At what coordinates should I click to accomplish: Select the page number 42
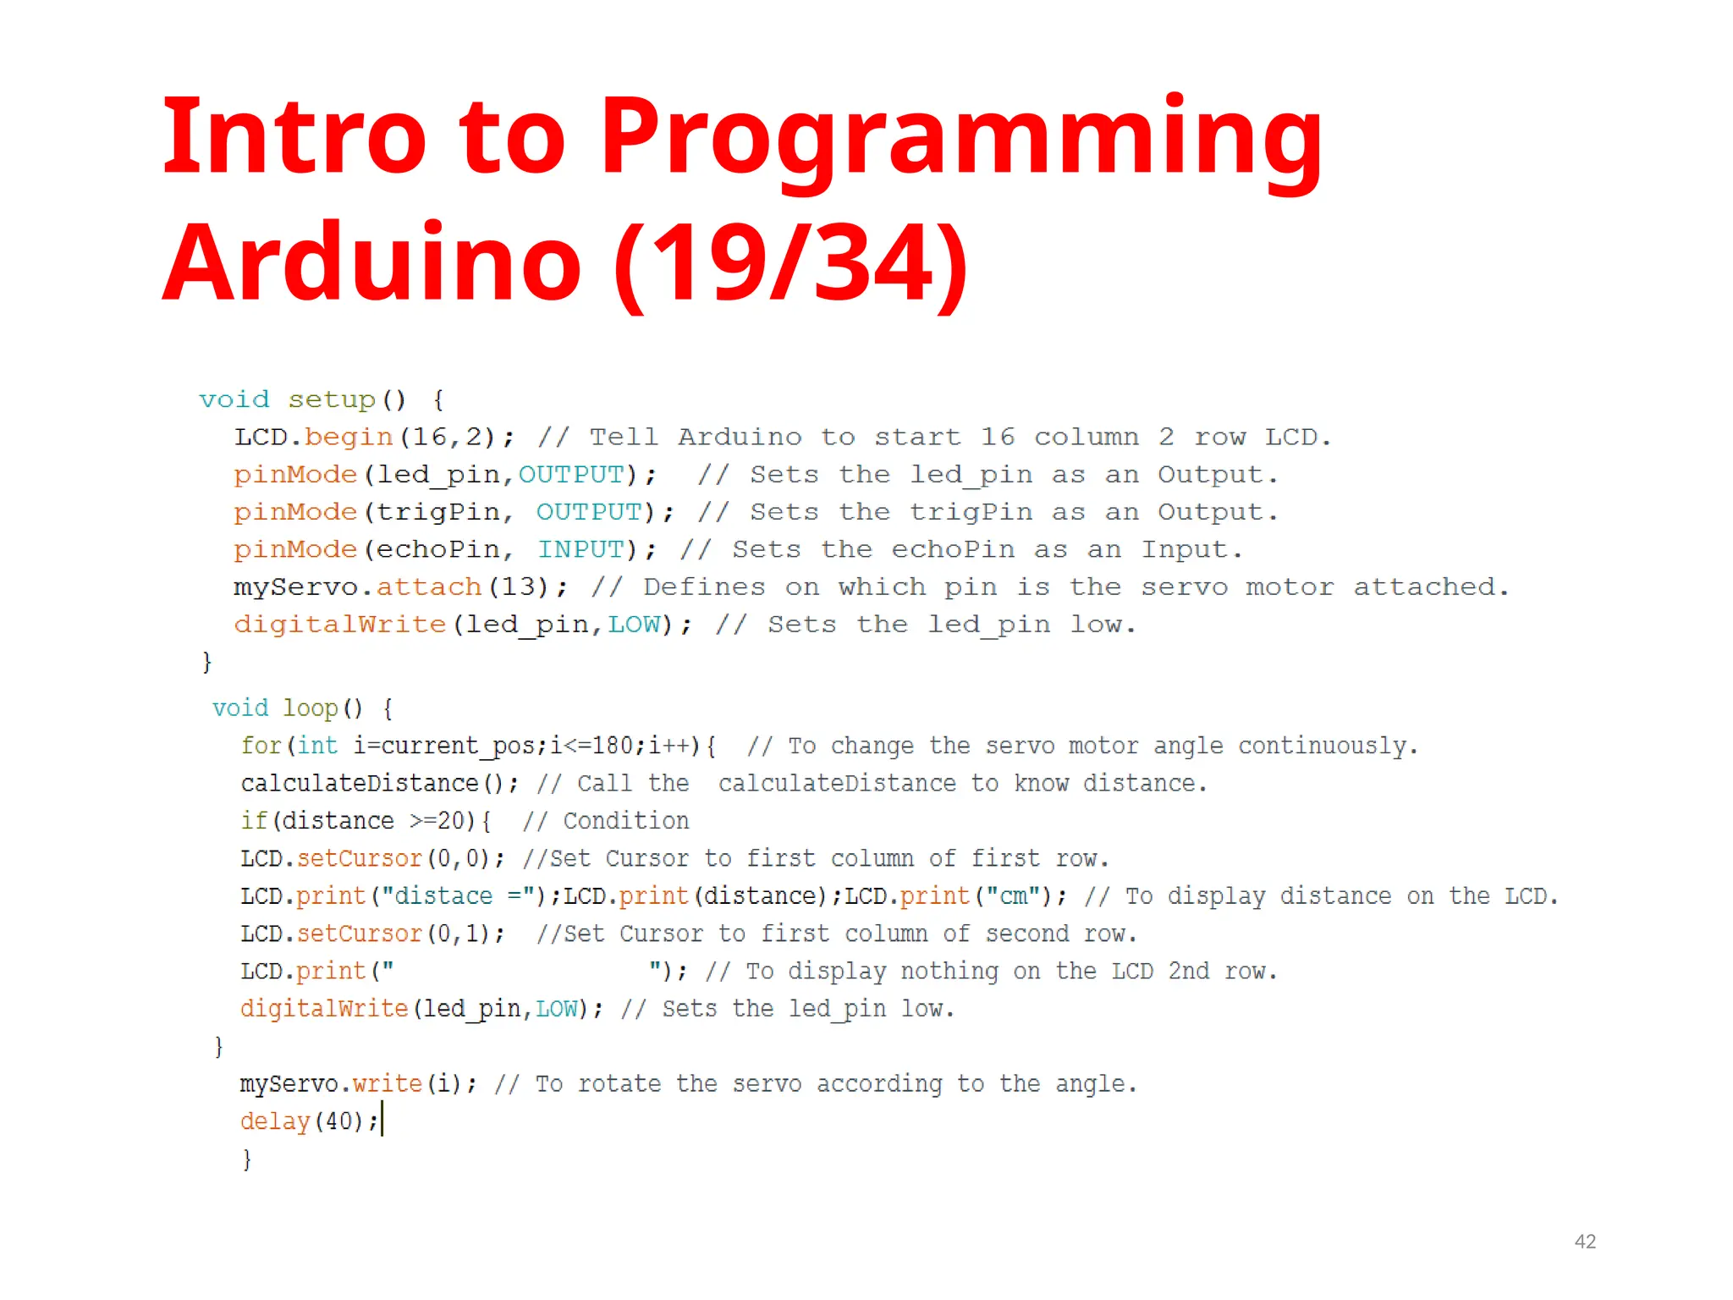pos(1585,1242)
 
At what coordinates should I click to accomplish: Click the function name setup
pos(332,399)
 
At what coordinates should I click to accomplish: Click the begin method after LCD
pos(349,438)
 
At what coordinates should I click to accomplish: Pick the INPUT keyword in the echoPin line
pos(580,550)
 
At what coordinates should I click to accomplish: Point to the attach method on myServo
pos(429,587)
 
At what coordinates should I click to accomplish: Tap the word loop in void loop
pos(310,708)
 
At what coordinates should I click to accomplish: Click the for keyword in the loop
pos(261,746)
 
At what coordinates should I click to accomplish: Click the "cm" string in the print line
pos(1014,896)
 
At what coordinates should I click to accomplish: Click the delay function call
pos(275,1121)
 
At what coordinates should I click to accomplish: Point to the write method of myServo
pos(387,1084)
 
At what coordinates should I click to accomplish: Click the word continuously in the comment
pos(1327,746)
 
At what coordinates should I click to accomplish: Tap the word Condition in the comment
pos(626,821)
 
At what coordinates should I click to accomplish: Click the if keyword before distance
pos(254,821)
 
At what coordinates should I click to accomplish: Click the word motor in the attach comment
pos(1289,587)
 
